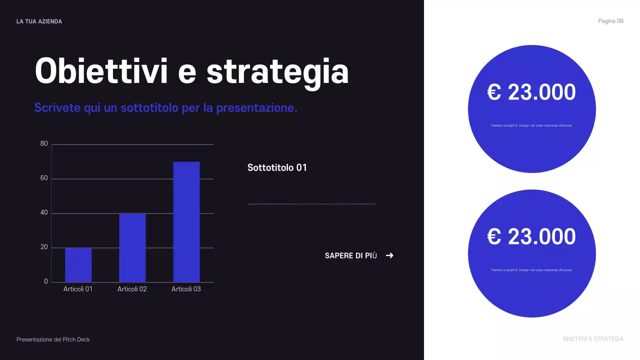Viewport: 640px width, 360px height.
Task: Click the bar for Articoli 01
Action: tap(78, 265)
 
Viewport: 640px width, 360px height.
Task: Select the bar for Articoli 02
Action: tap(132, 248)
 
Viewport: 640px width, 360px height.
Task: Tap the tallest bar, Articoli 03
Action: tap(186, 222)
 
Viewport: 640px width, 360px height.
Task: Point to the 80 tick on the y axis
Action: tap(44, 144)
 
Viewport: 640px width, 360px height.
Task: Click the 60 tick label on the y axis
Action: tap(44, 178)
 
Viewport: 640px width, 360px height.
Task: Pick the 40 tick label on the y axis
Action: tap(44, 213)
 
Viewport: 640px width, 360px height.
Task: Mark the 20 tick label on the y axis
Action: tap(44, 247)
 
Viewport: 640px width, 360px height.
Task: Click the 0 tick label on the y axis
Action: tap(46, 281)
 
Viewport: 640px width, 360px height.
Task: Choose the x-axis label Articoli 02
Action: tap(132, 289)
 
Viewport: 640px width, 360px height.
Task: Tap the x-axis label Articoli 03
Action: tap(186, 289)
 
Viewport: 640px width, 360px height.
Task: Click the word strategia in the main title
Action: tap(277, 71)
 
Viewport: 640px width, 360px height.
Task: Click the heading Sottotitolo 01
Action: tap(277, 167)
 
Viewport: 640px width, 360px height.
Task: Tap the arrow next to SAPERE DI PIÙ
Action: tap(389, 255)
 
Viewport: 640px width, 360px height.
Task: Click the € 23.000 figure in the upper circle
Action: tap(531, 92)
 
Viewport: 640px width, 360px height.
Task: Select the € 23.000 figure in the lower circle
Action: tap(531, 236)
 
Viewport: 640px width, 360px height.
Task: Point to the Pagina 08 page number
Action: tap(610, 21)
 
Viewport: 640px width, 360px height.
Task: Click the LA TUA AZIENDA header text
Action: tap(39, 21)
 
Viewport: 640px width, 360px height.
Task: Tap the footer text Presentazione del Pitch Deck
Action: tap(53, 339)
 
